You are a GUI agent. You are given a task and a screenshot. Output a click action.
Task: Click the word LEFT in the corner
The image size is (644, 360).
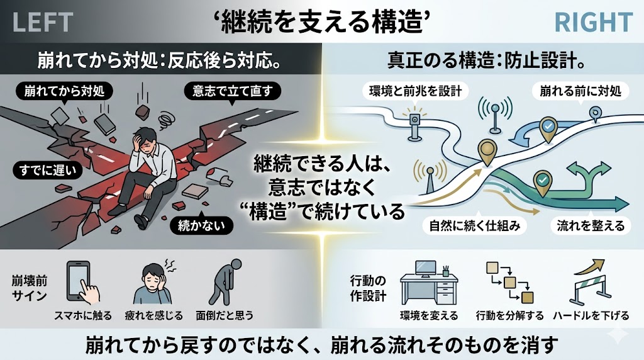[42, 23]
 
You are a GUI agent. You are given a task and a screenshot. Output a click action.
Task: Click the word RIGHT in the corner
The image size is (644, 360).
[593, 23]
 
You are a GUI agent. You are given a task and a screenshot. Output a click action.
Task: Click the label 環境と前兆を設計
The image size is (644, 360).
[416, 91]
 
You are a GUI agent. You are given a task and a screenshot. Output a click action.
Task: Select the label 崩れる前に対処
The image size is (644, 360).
[580, 91]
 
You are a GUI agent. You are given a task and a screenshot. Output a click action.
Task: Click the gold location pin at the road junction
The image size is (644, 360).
[487, 150]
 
